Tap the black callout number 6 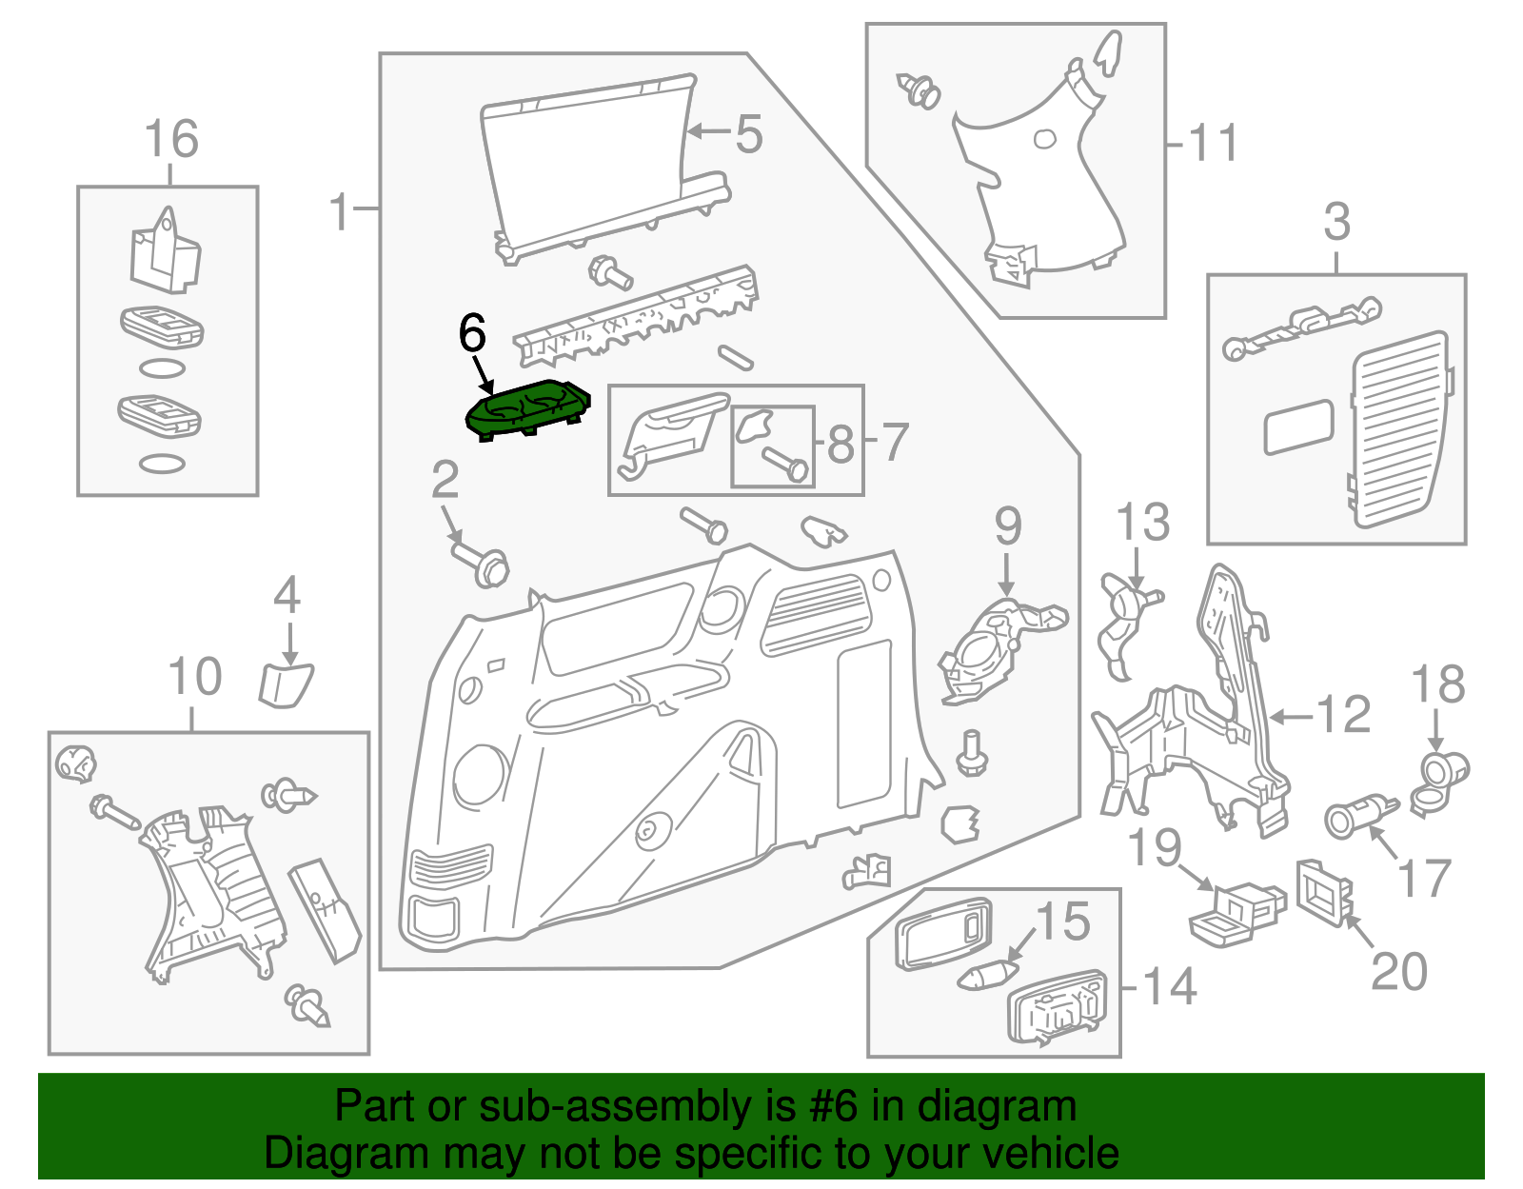pos(472,334)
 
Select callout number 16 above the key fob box pos(171,139)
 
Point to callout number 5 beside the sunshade pos(749,133)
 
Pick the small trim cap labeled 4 pos(286,685)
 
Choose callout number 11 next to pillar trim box pos(1214,144)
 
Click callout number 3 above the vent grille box pos(1337,222)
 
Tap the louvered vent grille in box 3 pos(1397,429)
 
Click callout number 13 pos(1142,523)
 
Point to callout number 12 pos(1343,715)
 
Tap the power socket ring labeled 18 pos(1444,771)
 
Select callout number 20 pos(1399,972)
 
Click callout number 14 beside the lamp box pos(1169,987)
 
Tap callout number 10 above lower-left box pos(195,677)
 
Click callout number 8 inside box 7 pos(841,444)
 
